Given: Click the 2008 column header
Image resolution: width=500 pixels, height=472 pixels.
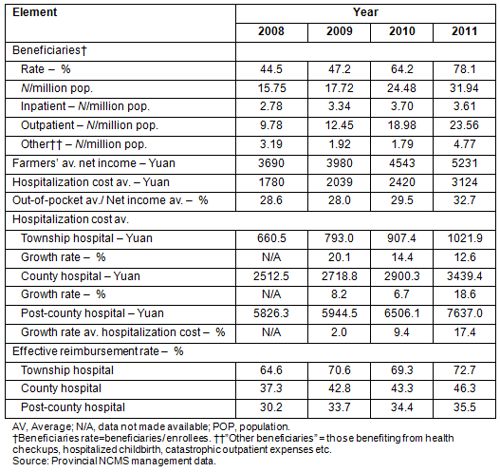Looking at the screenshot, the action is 271,31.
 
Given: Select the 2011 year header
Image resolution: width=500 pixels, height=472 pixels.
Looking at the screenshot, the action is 464,31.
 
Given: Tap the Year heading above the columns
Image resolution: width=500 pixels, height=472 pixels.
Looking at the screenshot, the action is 365,12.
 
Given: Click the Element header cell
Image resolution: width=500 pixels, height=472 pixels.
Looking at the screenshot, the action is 35,12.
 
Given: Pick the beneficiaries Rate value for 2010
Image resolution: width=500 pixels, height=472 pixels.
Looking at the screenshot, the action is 401,69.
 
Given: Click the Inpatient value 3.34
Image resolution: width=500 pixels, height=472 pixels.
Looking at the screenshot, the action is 339,106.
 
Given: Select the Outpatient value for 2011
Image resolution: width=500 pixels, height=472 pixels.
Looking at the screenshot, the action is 464,124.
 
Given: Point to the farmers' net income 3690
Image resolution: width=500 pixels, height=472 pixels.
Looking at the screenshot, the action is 271,163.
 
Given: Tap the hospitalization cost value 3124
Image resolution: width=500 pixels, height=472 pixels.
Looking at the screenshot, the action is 464,182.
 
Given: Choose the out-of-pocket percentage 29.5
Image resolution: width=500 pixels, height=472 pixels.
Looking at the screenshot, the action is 401,200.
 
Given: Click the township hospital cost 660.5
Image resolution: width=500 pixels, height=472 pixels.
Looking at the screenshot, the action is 271,238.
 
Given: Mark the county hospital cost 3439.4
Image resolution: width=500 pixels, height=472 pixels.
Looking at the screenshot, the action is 464,276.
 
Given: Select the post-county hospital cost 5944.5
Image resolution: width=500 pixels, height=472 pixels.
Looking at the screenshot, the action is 339,313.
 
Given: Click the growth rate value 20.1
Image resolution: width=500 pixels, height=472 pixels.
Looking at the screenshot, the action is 339,257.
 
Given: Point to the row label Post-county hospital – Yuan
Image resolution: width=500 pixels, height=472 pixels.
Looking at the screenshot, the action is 92,313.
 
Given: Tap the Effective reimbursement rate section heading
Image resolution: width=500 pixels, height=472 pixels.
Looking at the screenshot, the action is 98,351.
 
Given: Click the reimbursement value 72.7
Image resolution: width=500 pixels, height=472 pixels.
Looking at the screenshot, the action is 464,370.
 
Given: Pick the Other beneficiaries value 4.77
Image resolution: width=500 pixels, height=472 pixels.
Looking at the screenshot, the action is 464,144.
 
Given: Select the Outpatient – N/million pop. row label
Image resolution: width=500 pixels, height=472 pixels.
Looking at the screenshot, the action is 89,125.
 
